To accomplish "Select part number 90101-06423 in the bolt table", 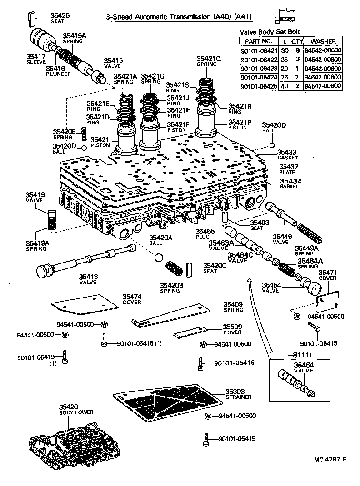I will [x=257, y=68].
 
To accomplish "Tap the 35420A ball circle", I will [x=158, y=258].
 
